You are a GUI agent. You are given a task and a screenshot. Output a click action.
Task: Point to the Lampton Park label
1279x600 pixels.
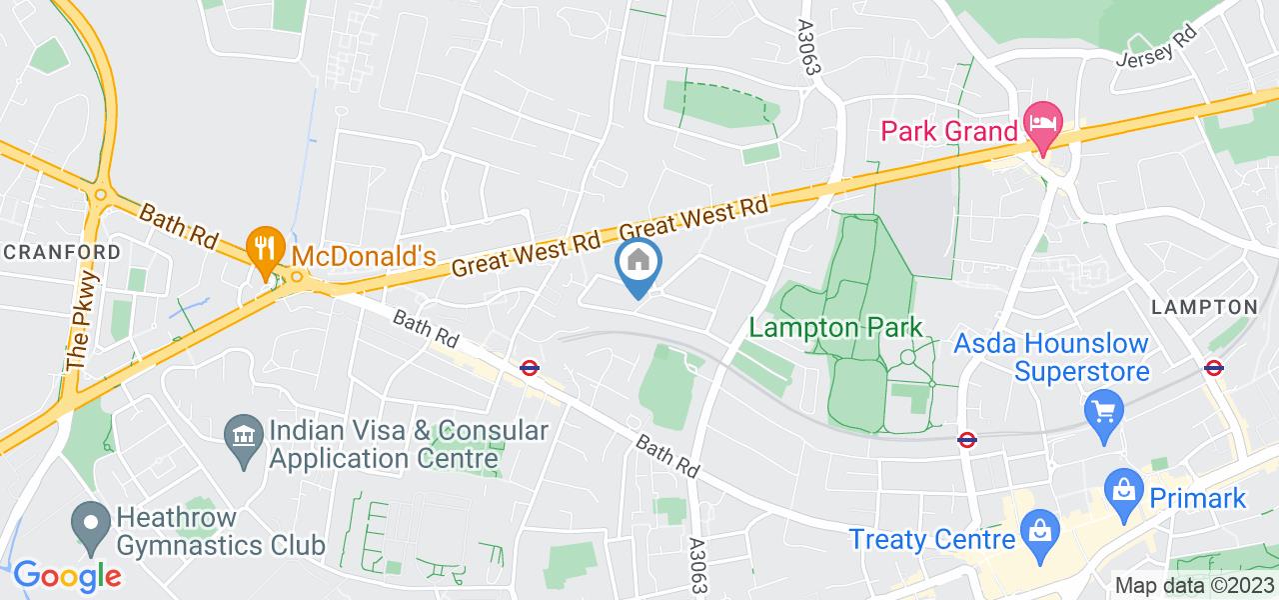click(835, 328)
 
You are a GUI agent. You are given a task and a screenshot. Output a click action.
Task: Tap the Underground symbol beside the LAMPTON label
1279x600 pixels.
click(1214, 367)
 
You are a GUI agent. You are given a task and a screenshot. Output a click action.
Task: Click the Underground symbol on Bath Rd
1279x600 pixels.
click(531, 368)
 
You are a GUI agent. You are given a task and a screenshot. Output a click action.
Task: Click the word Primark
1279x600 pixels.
click(1197, 497)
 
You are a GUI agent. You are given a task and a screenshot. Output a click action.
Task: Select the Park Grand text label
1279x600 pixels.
click(949, 131)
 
